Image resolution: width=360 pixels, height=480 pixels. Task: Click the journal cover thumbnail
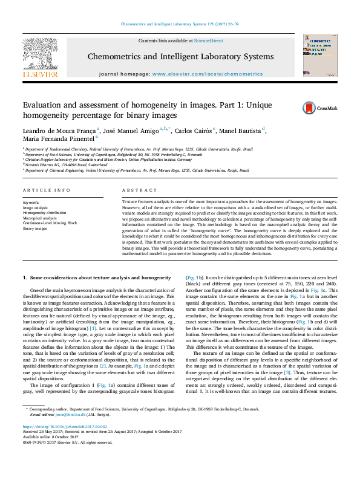(318, 55)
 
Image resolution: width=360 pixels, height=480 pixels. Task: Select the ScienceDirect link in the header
(208, 41)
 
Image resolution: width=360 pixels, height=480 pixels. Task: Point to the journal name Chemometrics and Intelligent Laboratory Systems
(181, 56)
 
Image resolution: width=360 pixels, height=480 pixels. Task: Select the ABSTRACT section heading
(134, 190)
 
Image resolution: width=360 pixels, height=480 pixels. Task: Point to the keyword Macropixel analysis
(40, 218)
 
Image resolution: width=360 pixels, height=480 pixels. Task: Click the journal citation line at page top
(180, 24)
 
